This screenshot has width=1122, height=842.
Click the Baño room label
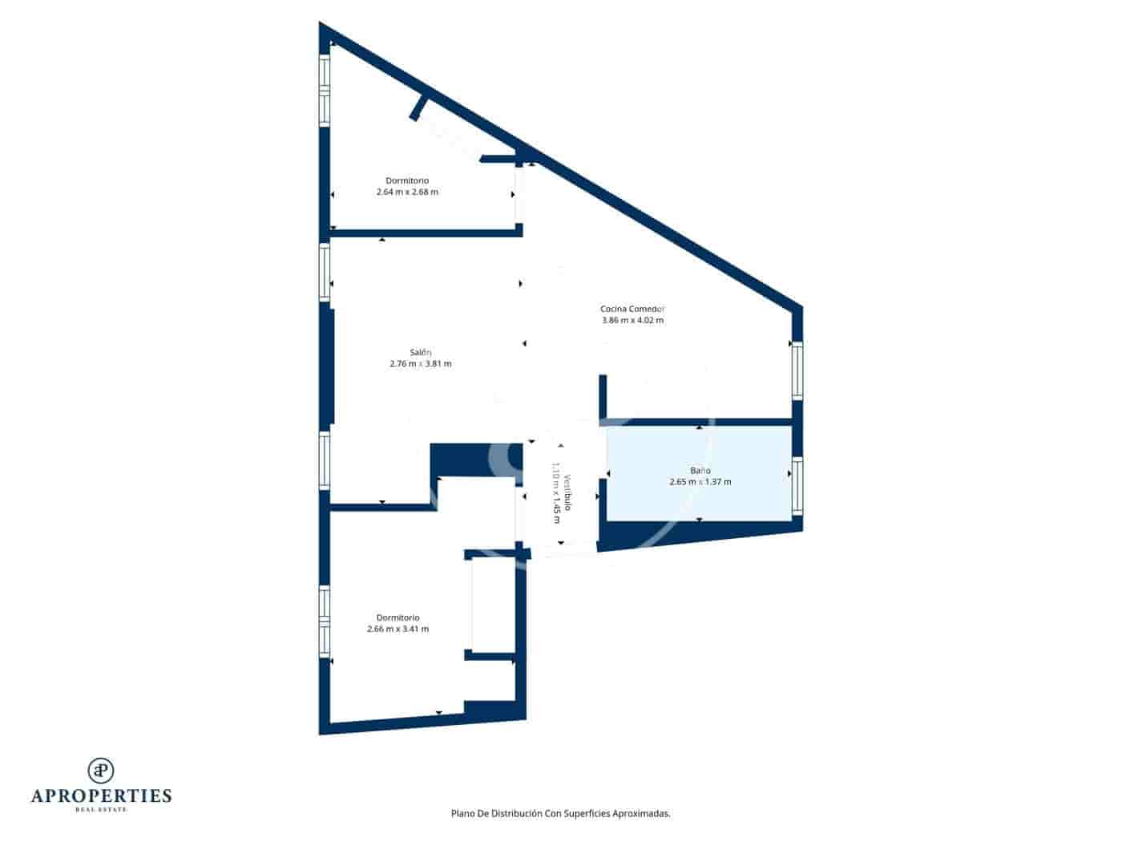click(700, 471)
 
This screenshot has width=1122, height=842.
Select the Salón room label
click(420, 352)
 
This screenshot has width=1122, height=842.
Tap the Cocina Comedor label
click(632, 309)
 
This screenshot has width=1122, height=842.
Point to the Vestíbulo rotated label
click(567, 493)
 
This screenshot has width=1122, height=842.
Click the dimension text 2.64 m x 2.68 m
click(407, 192)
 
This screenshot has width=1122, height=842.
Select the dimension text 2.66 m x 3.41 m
click(398, 629)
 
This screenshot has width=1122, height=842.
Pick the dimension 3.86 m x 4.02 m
click(632, 321)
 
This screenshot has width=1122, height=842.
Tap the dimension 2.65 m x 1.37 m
click(700, 483)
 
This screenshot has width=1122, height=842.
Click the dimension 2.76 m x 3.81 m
click(420, 364)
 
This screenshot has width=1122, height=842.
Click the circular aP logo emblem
click(101, 770)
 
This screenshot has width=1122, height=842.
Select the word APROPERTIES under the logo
click(101, 795)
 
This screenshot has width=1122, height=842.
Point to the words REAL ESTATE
click(101, 809)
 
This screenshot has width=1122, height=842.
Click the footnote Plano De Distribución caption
click(560, 813)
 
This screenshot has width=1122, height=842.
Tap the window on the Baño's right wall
click(797, 486)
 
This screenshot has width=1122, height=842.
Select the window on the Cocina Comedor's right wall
click(797, 370)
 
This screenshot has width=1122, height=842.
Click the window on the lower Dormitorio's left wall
click(325, 621)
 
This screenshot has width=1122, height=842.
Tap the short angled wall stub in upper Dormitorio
click(418, 107)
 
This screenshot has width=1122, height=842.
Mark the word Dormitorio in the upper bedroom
click(407, 180)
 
